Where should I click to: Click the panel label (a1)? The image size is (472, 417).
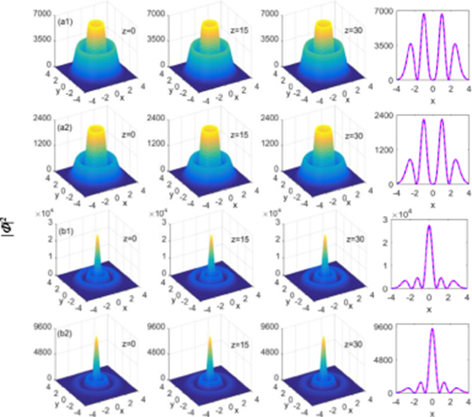click(x=66, y=20)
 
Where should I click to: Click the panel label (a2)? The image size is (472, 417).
click(x=66, y=127)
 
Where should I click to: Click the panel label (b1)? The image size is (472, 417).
click(x=66, y=233)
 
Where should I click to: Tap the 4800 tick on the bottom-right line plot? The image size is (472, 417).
click(x=382, y=359)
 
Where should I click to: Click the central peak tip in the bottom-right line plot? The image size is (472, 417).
click(x=430, y=329)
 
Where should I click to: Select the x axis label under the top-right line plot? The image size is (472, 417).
click(x=431, y=102)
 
